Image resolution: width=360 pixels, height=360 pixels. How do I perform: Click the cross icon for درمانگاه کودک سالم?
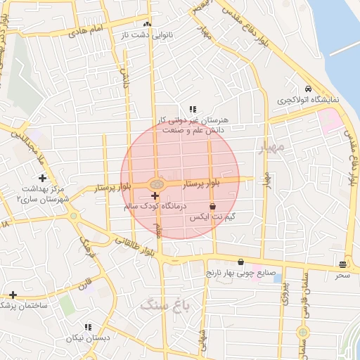[155, 195]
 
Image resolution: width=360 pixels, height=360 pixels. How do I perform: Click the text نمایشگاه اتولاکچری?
[307, 101]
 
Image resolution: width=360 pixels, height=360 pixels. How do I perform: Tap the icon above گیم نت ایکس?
[212, 206]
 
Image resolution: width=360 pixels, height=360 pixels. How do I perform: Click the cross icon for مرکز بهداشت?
[43, 178]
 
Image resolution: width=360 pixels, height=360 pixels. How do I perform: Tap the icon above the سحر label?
[342, 264]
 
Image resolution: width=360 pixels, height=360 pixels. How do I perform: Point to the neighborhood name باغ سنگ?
[166, 304]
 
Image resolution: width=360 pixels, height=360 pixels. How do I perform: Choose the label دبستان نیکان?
[88, 338]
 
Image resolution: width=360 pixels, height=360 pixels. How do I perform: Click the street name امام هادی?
[88, 30]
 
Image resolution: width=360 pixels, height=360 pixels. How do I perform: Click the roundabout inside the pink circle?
[156, 184]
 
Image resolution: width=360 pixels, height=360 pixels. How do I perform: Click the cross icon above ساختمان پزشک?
[13, 294]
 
